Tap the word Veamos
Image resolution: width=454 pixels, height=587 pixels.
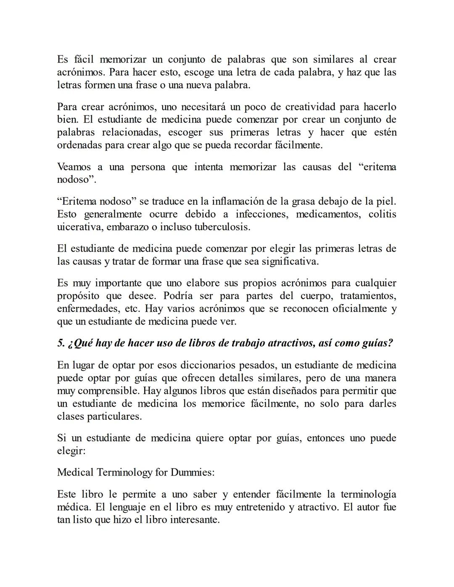coord(74,167)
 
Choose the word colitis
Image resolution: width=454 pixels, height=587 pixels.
coord(382,214)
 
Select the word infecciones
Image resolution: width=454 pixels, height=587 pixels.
coord(262,214)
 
